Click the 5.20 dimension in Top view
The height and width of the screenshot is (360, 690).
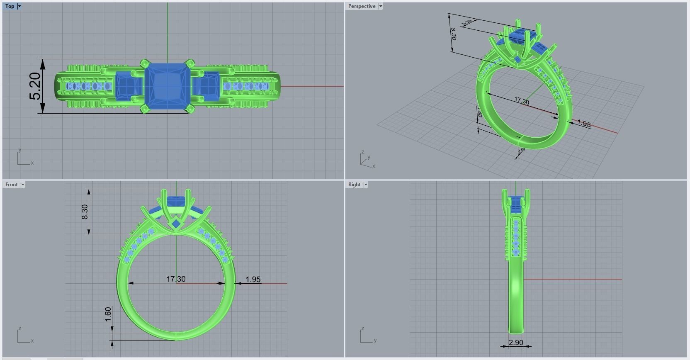click(x=36, y=86)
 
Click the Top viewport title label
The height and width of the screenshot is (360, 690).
click(x=10, y=6)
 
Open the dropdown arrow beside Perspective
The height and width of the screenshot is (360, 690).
click(x=381, y=6)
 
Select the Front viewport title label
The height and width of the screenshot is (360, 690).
click(x=12, y=185)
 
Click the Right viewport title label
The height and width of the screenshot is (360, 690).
click(x=354, y=185)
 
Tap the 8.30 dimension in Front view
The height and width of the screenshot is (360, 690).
click(x=85, y=212)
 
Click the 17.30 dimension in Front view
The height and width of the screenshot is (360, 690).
click(x=176, y=279)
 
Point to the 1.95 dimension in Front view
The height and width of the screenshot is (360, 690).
click(x=253, y=280)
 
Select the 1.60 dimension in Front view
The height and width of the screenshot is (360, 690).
click(x=108, y=314)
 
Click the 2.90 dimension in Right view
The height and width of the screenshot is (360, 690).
click(x=516, y=343)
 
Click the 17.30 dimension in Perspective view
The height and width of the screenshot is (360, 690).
click(x=522, y=101)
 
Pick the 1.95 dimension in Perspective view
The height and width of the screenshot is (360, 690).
click(x=583, y=124)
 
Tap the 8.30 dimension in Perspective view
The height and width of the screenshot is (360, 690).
click(x=453, y=34)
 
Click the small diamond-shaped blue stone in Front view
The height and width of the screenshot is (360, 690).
click(x=176, y=224)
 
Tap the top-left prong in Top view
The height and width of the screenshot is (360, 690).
click(x=145, y=63)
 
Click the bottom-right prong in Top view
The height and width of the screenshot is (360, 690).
click(x=190, y=109)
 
